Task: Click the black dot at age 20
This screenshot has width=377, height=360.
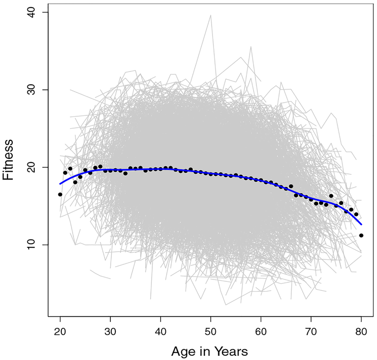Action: pos(60,194)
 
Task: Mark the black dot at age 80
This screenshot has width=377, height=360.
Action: pos(361,235)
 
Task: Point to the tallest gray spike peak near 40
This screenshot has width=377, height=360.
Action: pos(211,15)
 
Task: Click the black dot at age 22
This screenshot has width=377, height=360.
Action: pos(70,168)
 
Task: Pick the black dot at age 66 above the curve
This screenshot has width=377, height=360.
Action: pos(291,186)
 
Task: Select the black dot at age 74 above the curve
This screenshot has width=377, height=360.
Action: pos(331,196)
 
